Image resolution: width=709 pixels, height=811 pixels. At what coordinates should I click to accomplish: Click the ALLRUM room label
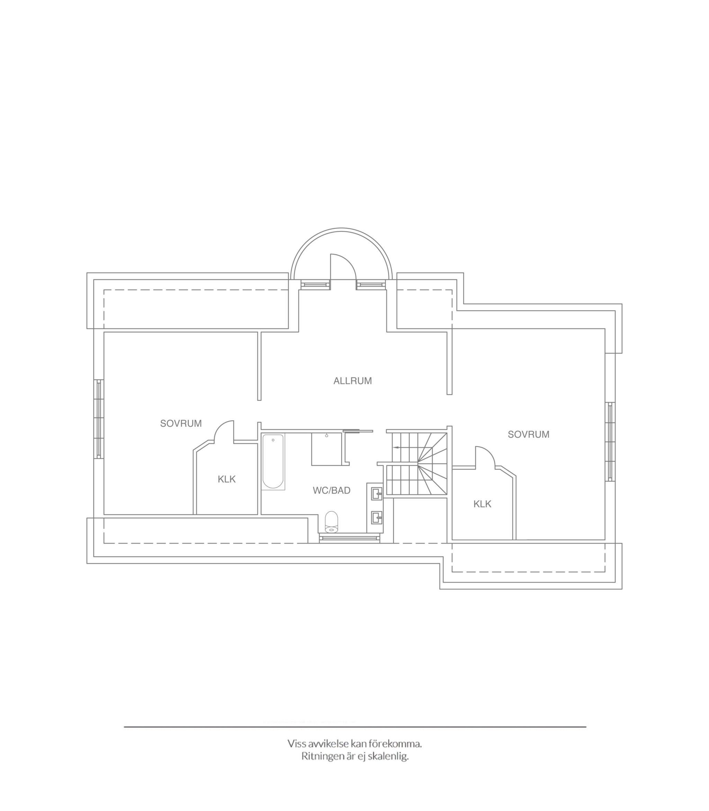point(352,381)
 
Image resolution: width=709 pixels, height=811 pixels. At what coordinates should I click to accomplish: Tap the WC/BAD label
point(332,490)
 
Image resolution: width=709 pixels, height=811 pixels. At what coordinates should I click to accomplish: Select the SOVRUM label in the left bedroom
point(181,423)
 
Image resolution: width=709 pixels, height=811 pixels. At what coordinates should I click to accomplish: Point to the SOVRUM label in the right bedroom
point(529,434)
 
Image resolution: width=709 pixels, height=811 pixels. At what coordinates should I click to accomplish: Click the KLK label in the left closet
point(227,479)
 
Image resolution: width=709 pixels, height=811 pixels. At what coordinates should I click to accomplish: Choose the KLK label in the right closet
point(482,504)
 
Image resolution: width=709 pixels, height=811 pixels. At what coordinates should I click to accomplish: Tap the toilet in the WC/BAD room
point(332,522)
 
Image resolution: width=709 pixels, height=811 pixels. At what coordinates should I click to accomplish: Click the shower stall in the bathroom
point(326,449)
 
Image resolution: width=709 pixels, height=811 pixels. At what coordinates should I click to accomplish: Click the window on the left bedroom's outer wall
point(99,419)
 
